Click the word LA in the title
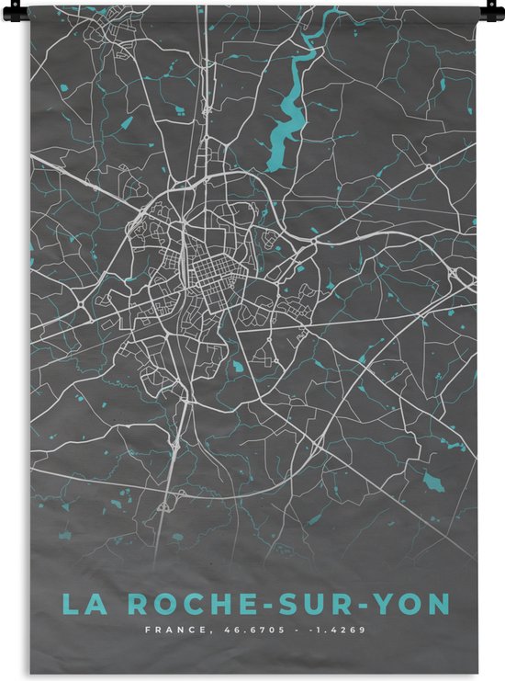pos(81,604)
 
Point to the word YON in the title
pos(415,604)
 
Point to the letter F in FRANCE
pos(147,630)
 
